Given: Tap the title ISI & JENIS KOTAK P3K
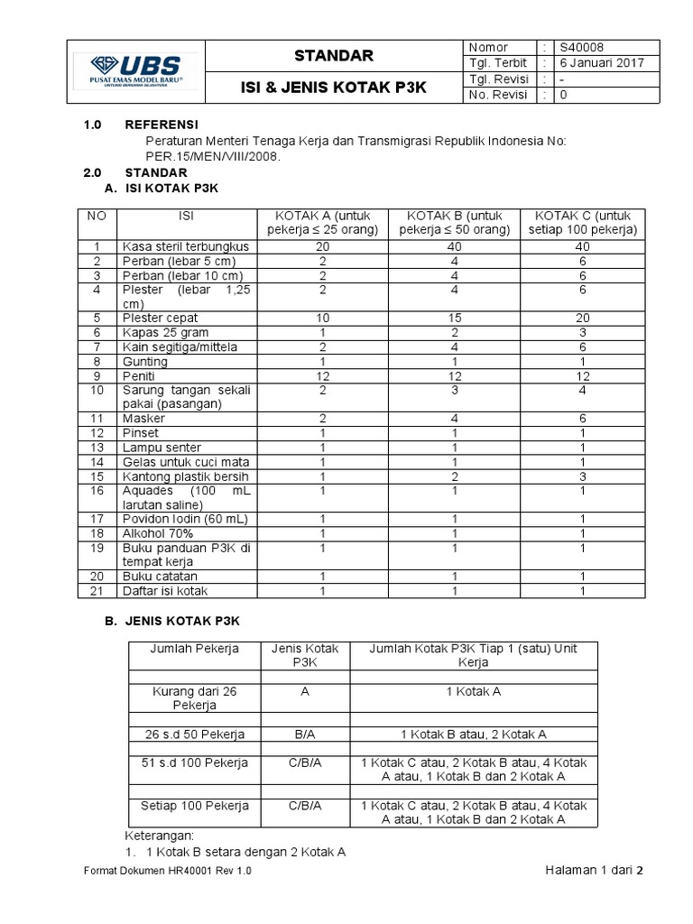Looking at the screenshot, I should tap(333, 88).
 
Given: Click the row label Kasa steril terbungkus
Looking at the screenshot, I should tap(184, 246).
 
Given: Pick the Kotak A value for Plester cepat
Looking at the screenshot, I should tap(322, 318).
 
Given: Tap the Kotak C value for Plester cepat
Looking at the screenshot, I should tap(583, 318).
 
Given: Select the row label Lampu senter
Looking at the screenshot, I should tap(161, 448).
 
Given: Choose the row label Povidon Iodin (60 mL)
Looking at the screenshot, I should tap(184, 519).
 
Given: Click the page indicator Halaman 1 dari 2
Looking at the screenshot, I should tap(595, 870).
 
